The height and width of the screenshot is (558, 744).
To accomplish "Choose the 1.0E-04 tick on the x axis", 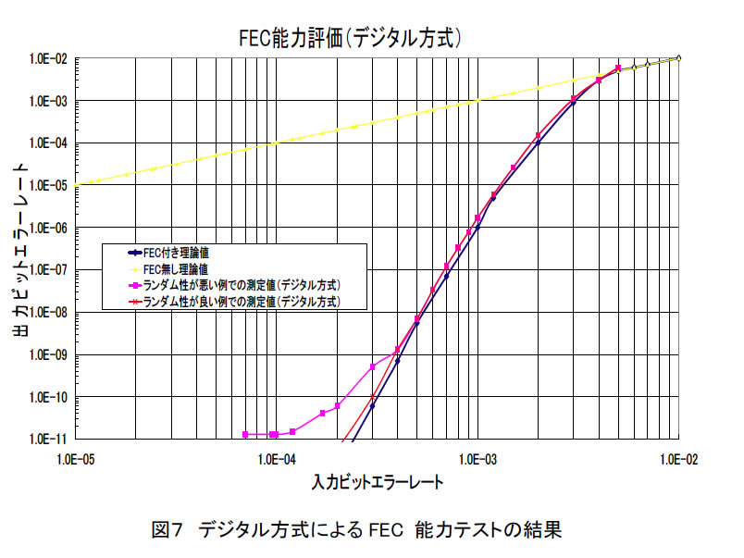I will [x=275, y=458].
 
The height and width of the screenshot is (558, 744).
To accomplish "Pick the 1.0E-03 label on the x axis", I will [x=477, y=458].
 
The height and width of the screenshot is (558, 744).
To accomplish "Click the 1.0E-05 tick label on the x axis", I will [x=72, y=458].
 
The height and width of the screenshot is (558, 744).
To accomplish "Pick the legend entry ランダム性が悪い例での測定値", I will [x=237, y=285].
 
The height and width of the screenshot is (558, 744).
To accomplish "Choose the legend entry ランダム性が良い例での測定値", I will [x=237, y=302].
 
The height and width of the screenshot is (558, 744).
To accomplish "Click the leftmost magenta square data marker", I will [x=245, y=434].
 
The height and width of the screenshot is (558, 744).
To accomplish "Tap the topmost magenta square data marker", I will [x=618, y=68].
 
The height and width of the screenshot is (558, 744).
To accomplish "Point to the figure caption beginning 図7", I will [x=355, y=531].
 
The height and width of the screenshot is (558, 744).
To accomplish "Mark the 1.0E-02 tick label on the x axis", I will [x=679, y=458].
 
